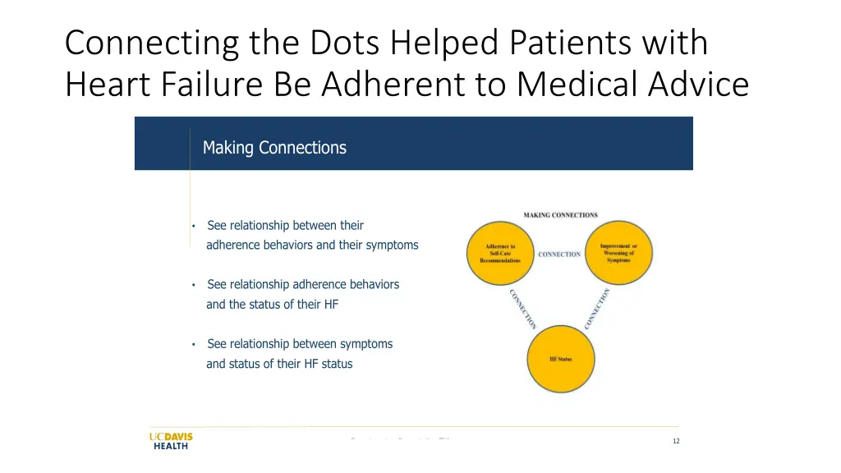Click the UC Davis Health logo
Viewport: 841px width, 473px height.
[x=170, y=440]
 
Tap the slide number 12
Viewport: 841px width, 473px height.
[x=676, y=441]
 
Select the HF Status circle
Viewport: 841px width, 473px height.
[x=560, y=359]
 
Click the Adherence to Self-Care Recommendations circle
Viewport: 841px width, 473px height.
[x=500, y=253]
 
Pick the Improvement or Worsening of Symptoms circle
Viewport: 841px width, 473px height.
[x=618, y=253]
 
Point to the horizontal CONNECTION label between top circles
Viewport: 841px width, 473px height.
[x=559, y=255]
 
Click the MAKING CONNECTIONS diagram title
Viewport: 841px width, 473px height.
[x=560, y=215]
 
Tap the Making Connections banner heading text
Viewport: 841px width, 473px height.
[x=274, y=148]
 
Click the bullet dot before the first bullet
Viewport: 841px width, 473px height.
[x=193, y=226]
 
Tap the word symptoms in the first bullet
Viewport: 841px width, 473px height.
[x=392, y=245]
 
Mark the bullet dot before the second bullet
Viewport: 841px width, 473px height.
[x=193, y=285]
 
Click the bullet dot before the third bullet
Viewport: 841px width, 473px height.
[x=193, y=344]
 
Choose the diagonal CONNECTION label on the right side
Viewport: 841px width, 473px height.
[x=597, y=309]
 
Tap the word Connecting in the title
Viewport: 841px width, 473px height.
[x=151, y=43]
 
